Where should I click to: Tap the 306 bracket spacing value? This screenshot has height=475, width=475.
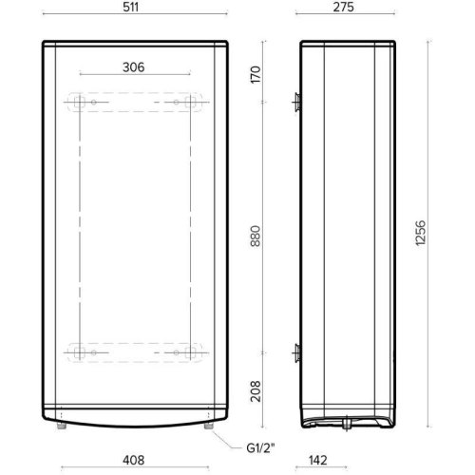[x=133, y=66]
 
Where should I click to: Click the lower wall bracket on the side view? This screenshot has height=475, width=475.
[x=297, y=352]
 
